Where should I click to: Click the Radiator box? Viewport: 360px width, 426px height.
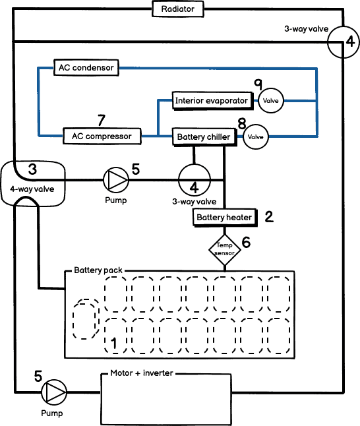click(x=177, y=9)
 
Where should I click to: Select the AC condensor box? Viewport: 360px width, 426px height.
click(x=86, y=67)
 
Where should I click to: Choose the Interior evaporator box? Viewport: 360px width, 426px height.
click(x=212, y=101)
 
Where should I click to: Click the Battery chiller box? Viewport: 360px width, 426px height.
click(x=204, y=137)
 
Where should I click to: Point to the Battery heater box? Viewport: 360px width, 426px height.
click(x=224, y=218)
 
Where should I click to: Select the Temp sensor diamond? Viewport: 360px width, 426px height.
click(x=225, y=249)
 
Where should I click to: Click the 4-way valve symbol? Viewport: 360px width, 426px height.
click(x=32, y=184)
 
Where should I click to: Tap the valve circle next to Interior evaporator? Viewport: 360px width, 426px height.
click(x=271, y=101)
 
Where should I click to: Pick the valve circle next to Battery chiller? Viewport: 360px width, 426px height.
click(x=256, y=138)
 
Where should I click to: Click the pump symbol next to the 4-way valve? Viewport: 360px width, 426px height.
click(x=117, y=179)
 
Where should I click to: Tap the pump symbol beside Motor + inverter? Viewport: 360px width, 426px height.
click(x=55, y=392)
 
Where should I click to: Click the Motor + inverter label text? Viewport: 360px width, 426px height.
click(x=141, y=373)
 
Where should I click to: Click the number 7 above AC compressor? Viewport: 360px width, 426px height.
click(x=101, y=121)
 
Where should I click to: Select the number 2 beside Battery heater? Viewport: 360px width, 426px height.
click(x=268, y=216)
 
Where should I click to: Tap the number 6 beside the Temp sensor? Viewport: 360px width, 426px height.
click(x=246, y=242)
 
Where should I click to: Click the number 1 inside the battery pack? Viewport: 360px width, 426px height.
click(x=113, y=343)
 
